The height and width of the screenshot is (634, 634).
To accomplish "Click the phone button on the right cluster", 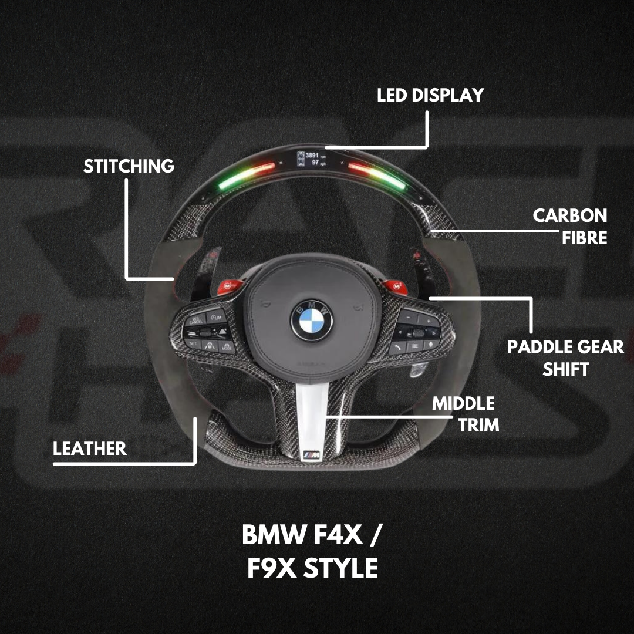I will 399,347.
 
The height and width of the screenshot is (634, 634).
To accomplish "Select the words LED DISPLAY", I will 430,95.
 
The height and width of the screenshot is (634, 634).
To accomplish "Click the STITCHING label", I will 129,166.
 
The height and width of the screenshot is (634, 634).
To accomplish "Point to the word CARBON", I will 569,215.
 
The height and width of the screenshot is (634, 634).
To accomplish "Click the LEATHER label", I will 90,449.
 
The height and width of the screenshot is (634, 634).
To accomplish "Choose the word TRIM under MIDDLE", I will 478,424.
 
